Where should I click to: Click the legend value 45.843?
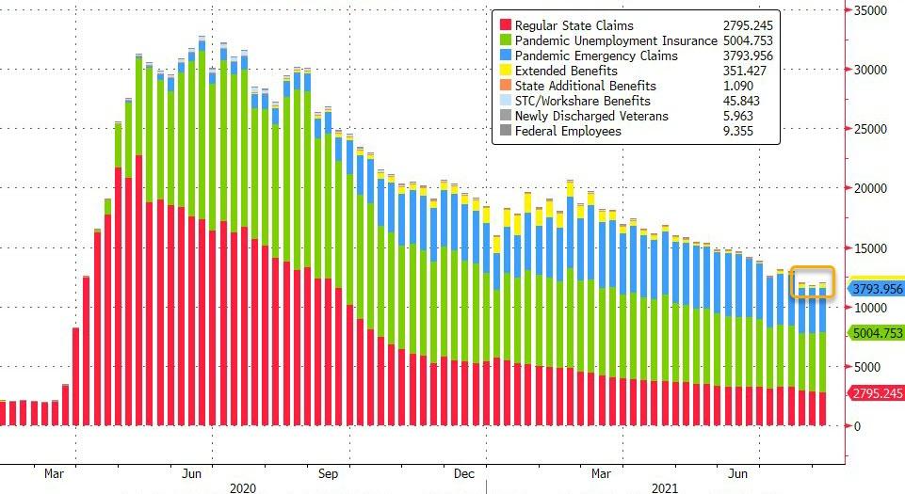(726, 101)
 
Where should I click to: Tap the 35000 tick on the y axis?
(870, 10)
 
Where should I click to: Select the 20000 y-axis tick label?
(870, 188)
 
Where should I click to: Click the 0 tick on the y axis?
(859, 425)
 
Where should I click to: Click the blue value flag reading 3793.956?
(876, 289)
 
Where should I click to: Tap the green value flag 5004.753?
(876, 333)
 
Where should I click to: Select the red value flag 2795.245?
(876, 392)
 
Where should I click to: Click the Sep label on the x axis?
(328, 473)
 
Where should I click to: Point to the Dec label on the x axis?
(463, 473)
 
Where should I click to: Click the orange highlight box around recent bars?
(812, 282)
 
